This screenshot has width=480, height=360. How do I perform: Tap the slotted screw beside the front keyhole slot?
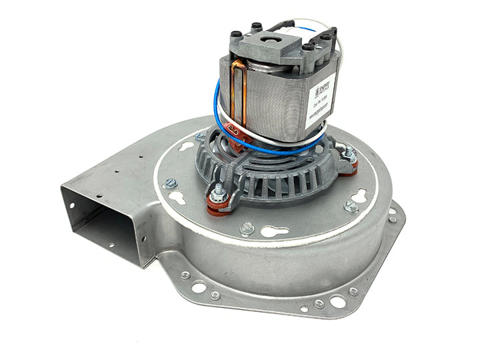247,228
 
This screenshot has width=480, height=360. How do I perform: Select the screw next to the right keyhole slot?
350,207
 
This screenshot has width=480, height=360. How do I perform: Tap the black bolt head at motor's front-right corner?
307,47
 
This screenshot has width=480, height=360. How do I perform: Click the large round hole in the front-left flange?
199,287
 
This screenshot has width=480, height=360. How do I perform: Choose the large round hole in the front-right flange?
337,302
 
